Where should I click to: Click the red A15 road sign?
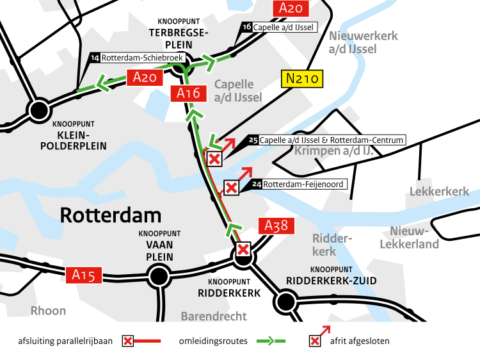84,275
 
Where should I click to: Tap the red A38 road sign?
276,225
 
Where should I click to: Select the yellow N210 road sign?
303,79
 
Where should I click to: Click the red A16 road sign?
189,94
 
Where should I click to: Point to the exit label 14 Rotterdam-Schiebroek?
138,58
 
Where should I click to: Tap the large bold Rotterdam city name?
110,215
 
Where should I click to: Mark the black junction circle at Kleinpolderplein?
39,109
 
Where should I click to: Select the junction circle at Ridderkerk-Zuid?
285,301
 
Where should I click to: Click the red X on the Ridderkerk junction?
243,249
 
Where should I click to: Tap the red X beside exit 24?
231,188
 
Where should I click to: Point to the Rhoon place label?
48,311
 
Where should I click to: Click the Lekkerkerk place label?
439,192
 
